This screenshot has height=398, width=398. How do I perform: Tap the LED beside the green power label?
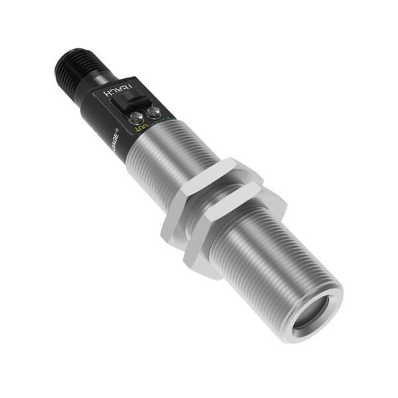pos(155,113)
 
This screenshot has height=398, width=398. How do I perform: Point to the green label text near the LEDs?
pos(165,121)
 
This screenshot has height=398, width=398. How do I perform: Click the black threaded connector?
pos(74,69)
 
